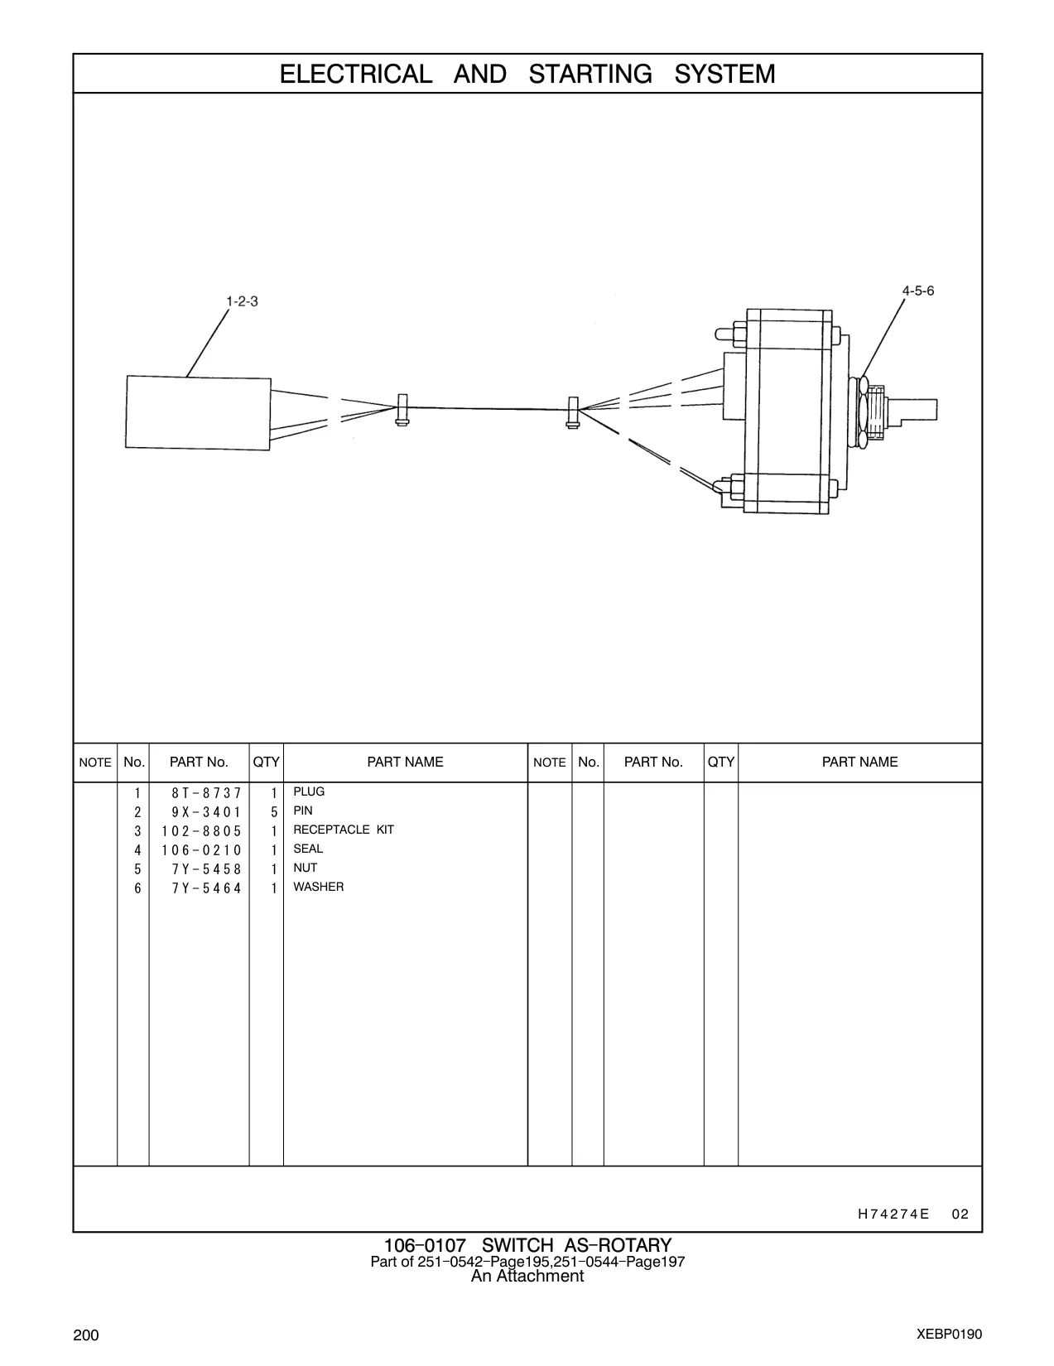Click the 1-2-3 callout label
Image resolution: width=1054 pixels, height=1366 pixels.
pyautogui.click(x=242, y=301)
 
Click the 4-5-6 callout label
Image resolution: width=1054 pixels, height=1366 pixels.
pyautogui.click(x=918, y=291)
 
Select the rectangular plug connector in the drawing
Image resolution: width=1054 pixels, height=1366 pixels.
pyautogui.click(x=198, y=413)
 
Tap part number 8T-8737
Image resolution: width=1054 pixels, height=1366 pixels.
pyautogui.click(x=206, y=793)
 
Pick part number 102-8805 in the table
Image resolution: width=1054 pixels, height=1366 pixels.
pyautogui.click(x=201, y=832)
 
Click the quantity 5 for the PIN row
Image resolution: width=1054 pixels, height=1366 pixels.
pyautogui.click(x=274, y=813)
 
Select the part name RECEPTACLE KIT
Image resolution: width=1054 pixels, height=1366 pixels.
pyautogui.click(x=343, y=830)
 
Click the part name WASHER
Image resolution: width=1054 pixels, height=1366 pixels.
pyautogui.click(x=319, y=887)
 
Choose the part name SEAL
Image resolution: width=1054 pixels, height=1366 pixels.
pyautogui.click(x=308, y=849)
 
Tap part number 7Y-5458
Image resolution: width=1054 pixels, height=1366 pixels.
pyautogui.click(x=206, y=870)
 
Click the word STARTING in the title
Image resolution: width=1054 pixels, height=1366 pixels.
pyautogui.click(x=590, y=75)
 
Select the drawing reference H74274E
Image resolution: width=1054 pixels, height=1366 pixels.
pyautogui.click(x=893, y=1214)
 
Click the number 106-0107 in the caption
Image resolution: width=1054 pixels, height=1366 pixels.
pyautogui.click(x=425, y=1245)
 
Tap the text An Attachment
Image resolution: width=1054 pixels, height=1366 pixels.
pyautogui.click(x=527, y=1276)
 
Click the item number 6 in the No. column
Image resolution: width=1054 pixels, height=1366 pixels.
pyautogui.click(x=137, y=889)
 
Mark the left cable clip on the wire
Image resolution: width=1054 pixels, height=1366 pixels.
pyautogui.click(x=402, y=410)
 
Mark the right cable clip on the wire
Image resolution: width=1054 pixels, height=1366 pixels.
pyautogui.click(x=573, y=412)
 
